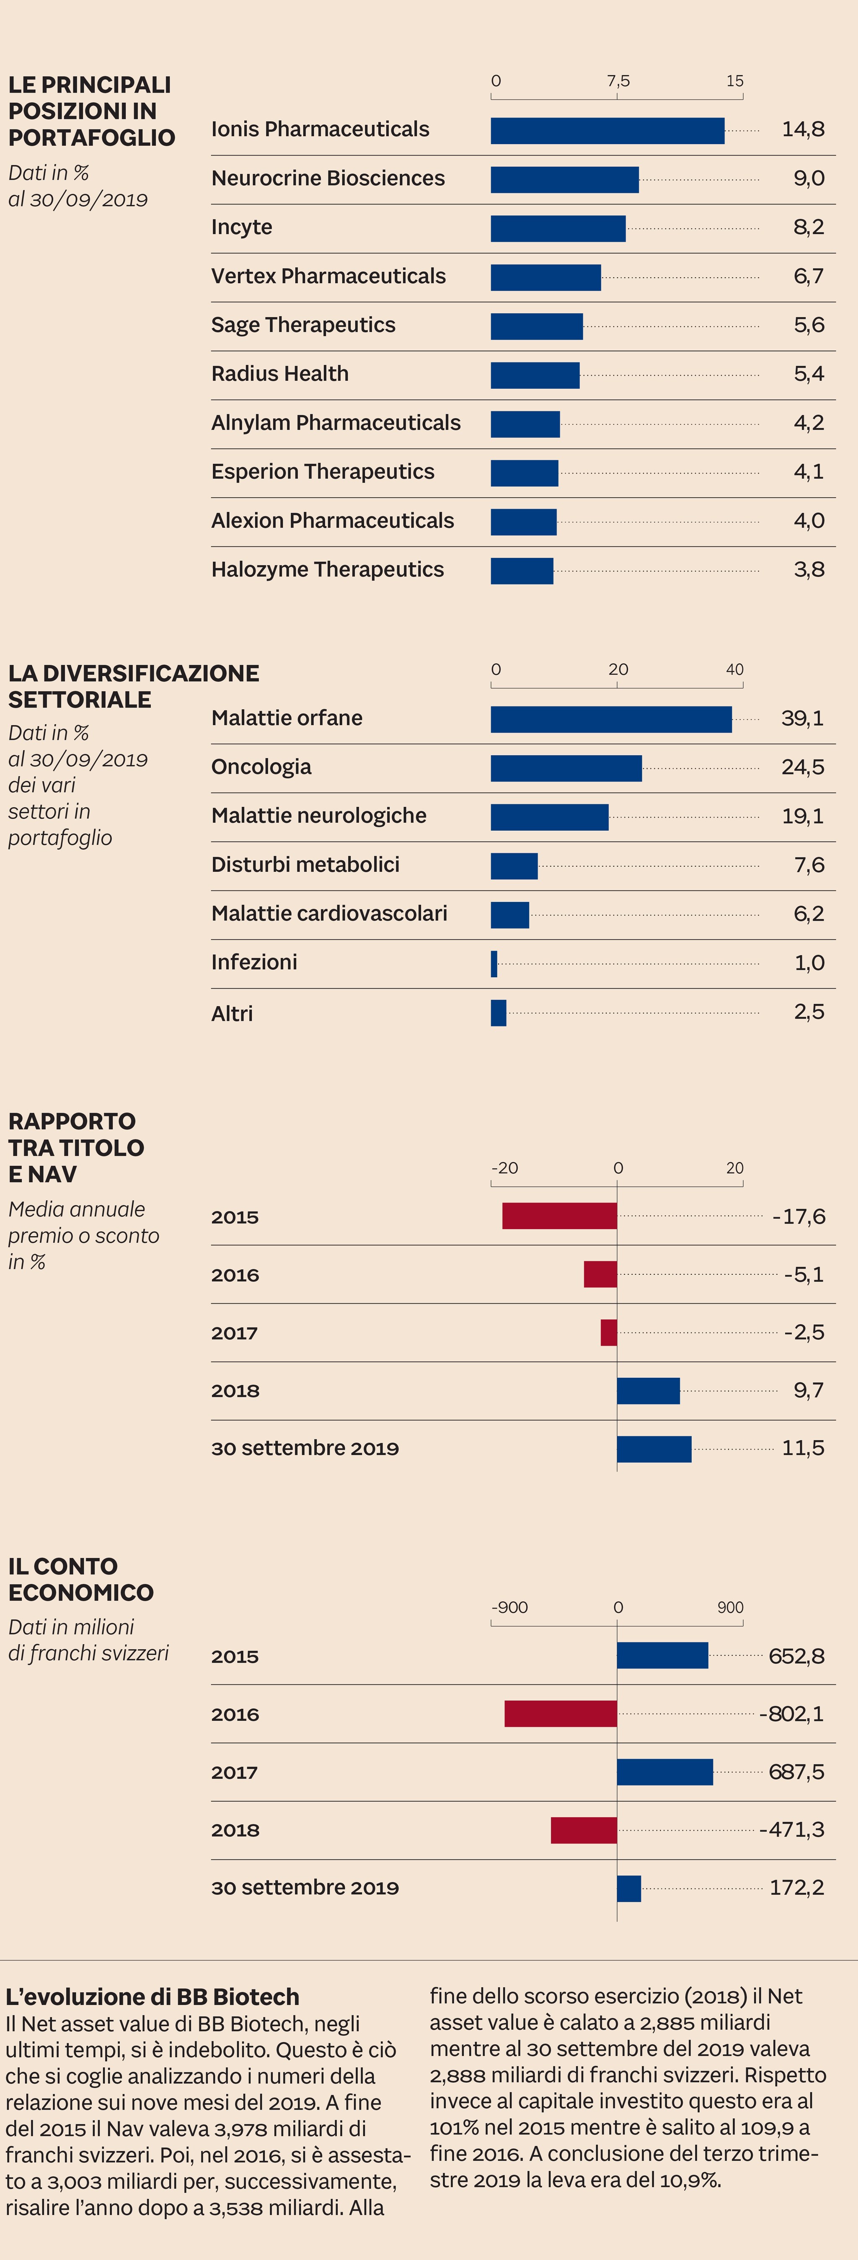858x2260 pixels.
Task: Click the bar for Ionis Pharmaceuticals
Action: coord(607,131)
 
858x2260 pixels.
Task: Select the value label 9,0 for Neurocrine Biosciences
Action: coord(808,178)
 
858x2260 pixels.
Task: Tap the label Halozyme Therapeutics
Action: coord(327,569)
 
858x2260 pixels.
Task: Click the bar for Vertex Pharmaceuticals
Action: coord(546,277)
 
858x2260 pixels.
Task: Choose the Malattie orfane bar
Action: coord(610,719)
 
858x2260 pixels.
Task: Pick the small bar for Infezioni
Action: coord(494,963)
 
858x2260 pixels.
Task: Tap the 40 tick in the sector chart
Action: coord(734,669)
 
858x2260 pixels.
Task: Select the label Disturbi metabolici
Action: coord(305,864)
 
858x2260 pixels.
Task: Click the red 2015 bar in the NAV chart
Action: coord(559,1216)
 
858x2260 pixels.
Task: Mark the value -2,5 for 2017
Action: coord(804,1332)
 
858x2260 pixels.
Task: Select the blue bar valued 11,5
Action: coord(654,1449)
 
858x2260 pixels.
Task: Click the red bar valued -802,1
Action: coord(561,1713)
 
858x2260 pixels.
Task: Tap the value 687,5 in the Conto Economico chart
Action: coord(796,1771)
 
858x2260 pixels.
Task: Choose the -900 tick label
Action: coord(510,1607)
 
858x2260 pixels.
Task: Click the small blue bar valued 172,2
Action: coord(629,1888)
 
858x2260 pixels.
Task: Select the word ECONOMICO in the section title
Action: coord(81,1592)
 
